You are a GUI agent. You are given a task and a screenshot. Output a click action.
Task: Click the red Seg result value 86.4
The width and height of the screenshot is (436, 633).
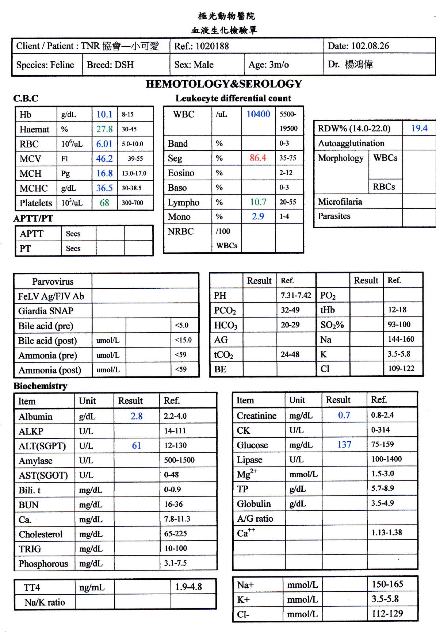258,158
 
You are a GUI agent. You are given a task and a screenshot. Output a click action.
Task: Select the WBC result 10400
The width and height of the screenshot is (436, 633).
258,114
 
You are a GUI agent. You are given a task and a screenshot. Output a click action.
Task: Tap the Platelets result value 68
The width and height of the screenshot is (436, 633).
104,203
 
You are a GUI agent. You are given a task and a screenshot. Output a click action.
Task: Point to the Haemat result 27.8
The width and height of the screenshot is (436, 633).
104,129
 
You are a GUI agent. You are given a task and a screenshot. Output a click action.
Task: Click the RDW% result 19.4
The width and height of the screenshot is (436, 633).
419,128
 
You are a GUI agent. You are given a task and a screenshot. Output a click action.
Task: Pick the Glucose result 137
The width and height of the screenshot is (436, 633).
344,445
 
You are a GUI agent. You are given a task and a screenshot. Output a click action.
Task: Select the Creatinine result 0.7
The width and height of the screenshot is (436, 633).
344,415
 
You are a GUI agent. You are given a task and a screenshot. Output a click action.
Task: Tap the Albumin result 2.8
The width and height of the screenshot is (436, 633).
137,416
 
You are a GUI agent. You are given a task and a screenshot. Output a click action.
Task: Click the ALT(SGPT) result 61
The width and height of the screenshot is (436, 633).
137,445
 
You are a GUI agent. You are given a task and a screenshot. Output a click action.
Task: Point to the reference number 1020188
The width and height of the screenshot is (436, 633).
212,46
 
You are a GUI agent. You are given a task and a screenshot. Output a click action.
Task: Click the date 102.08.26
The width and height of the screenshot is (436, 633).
370,46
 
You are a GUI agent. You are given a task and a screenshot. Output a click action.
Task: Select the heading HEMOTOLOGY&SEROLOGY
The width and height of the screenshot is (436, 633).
224,84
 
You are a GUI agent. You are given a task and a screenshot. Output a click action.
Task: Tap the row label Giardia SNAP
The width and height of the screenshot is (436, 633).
46,311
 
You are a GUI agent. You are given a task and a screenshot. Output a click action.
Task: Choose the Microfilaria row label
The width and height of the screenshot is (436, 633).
340,202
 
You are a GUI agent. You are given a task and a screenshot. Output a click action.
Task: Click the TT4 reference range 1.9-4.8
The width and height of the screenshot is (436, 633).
188,587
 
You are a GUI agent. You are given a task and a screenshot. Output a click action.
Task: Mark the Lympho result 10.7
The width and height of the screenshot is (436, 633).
258,202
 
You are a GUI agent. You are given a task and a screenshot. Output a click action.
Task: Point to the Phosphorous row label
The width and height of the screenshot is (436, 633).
43,564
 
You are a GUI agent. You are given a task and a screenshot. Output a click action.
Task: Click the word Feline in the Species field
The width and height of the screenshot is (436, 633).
62,65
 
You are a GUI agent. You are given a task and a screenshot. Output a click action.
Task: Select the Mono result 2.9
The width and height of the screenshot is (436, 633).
258,216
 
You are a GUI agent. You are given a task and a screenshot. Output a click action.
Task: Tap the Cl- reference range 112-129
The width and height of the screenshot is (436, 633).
387,614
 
